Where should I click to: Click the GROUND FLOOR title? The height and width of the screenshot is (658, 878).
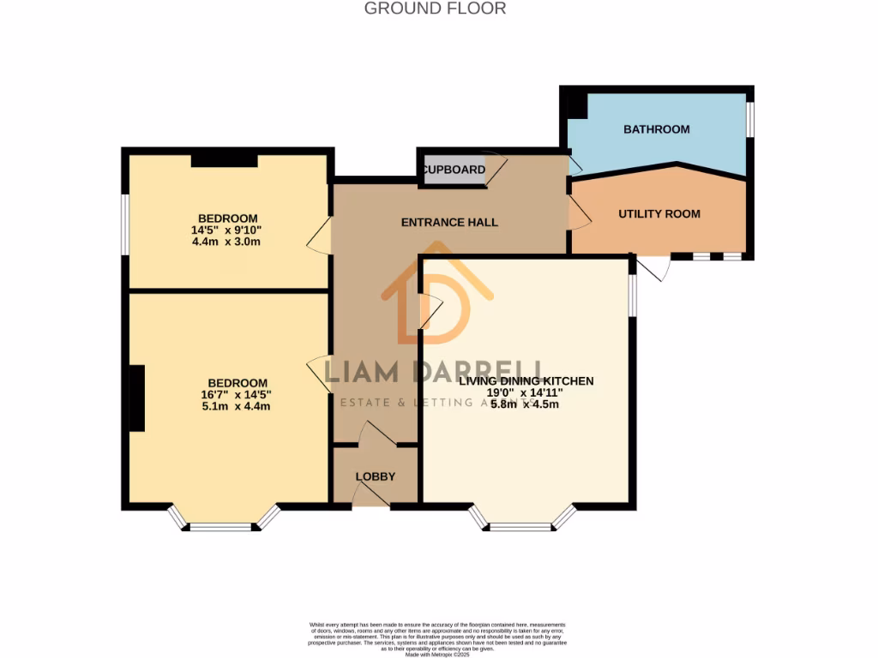point(435,9)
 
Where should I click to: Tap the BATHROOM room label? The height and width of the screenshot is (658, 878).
point(656,129)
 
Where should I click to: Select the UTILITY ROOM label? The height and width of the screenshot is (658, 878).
point(658,213)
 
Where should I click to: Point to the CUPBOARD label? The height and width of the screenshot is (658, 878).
point(454,170)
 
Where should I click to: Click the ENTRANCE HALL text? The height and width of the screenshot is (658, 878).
point(449,222)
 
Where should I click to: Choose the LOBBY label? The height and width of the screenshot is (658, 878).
point(375,476)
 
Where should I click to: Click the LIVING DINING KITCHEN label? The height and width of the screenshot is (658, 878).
point(526,380)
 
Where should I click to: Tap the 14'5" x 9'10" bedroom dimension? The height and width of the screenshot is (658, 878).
point(227,230)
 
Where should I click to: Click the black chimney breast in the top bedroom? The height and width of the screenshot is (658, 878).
point(224,159)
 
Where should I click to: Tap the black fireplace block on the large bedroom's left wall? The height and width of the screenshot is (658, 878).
point(136,398)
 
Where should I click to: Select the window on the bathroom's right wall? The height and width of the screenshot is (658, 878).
point(750,119)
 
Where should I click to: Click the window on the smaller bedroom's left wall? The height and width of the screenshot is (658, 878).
point(125,224)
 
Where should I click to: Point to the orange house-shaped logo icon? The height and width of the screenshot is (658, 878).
point(436,296)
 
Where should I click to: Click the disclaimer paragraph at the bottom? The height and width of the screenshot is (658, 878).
point(437,639)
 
